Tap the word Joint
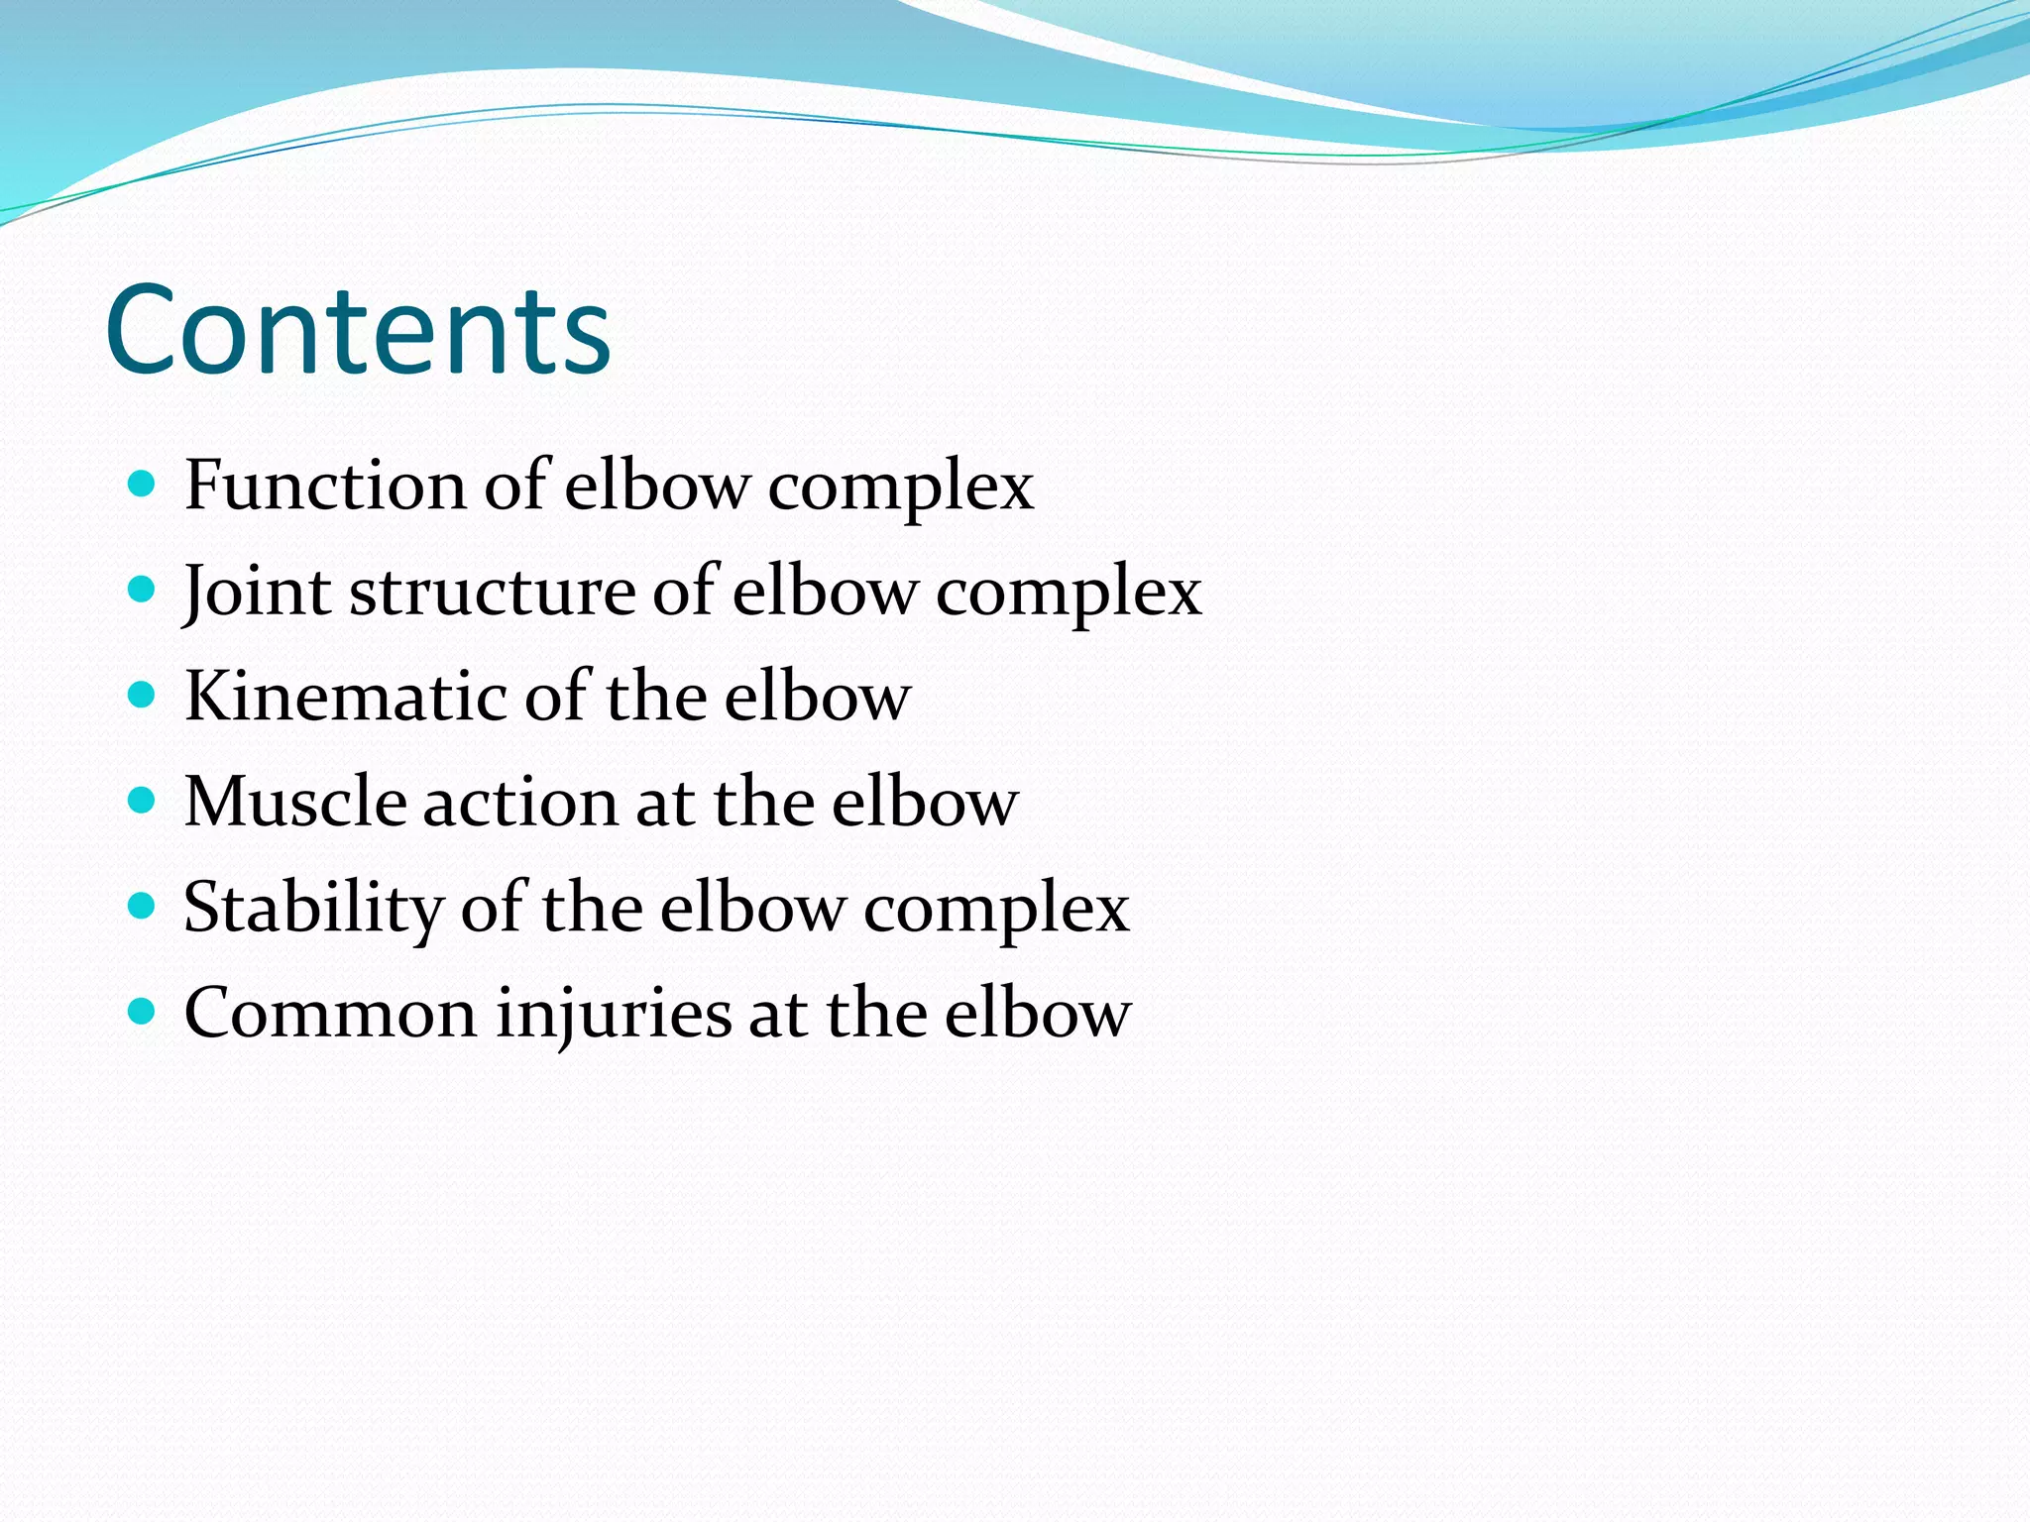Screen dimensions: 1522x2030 (x=257, y=592)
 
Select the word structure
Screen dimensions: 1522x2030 (x=492, y=592)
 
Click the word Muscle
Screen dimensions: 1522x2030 (x=294, y=802)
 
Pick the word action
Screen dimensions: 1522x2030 (x=520, y=802)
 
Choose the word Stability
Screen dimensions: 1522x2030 (x=313, y=908)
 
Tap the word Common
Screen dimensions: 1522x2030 (x=331, y=1013)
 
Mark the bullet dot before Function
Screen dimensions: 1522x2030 (x=143, y=485)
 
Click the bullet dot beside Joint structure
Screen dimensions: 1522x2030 (x=143, y=591)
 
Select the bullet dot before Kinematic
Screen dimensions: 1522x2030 (x=143, y=696)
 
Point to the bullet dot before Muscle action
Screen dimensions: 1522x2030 (x=143, y=801)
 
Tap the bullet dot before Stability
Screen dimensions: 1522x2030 (x=143, y=906)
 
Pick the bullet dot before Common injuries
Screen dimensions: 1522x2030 (x=143, y=1012)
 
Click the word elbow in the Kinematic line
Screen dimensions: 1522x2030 (x=817, y=697)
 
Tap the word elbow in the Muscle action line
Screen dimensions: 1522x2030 (x=925, y=802)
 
